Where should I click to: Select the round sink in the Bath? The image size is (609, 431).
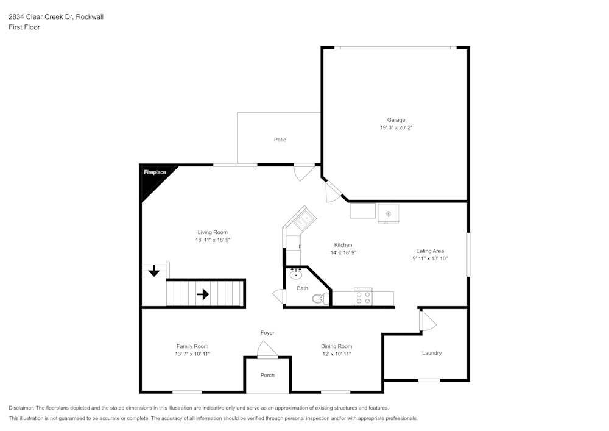(x=297, y=274)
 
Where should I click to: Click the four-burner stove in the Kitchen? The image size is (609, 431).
(x=364, y=297)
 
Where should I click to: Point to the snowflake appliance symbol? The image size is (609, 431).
(x=389, y=213)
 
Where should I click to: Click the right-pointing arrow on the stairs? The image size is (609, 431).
(x=203, y=294)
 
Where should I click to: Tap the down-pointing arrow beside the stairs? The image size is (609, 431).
(x=155, y=270)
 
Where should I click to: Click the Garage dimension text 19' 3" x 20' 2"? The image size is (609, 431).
(x=396, y=128)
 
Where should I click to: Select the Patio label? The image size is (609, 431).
(x=280, y=140)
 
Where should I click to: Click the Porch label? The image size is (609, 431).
(x=267, y=375)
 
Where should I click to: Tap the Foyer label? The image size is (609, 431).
(x=267, y=333)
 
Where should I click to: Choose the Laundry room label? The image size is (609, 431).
(x=431, y=353)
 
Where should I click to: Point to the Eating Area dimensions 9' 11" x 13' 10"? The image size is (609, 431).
(x=430, y=258)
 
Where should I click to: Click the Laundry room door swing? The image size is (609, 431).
(x=428, y=321)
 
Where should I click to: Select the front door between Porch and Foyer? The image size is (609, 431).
(x=267, y=350)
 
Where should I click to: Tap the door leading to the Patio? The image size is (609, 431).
(x=303, y=172)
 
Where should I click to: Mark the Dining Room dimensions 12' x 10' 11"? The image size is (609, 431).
(x=336, y=354)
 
